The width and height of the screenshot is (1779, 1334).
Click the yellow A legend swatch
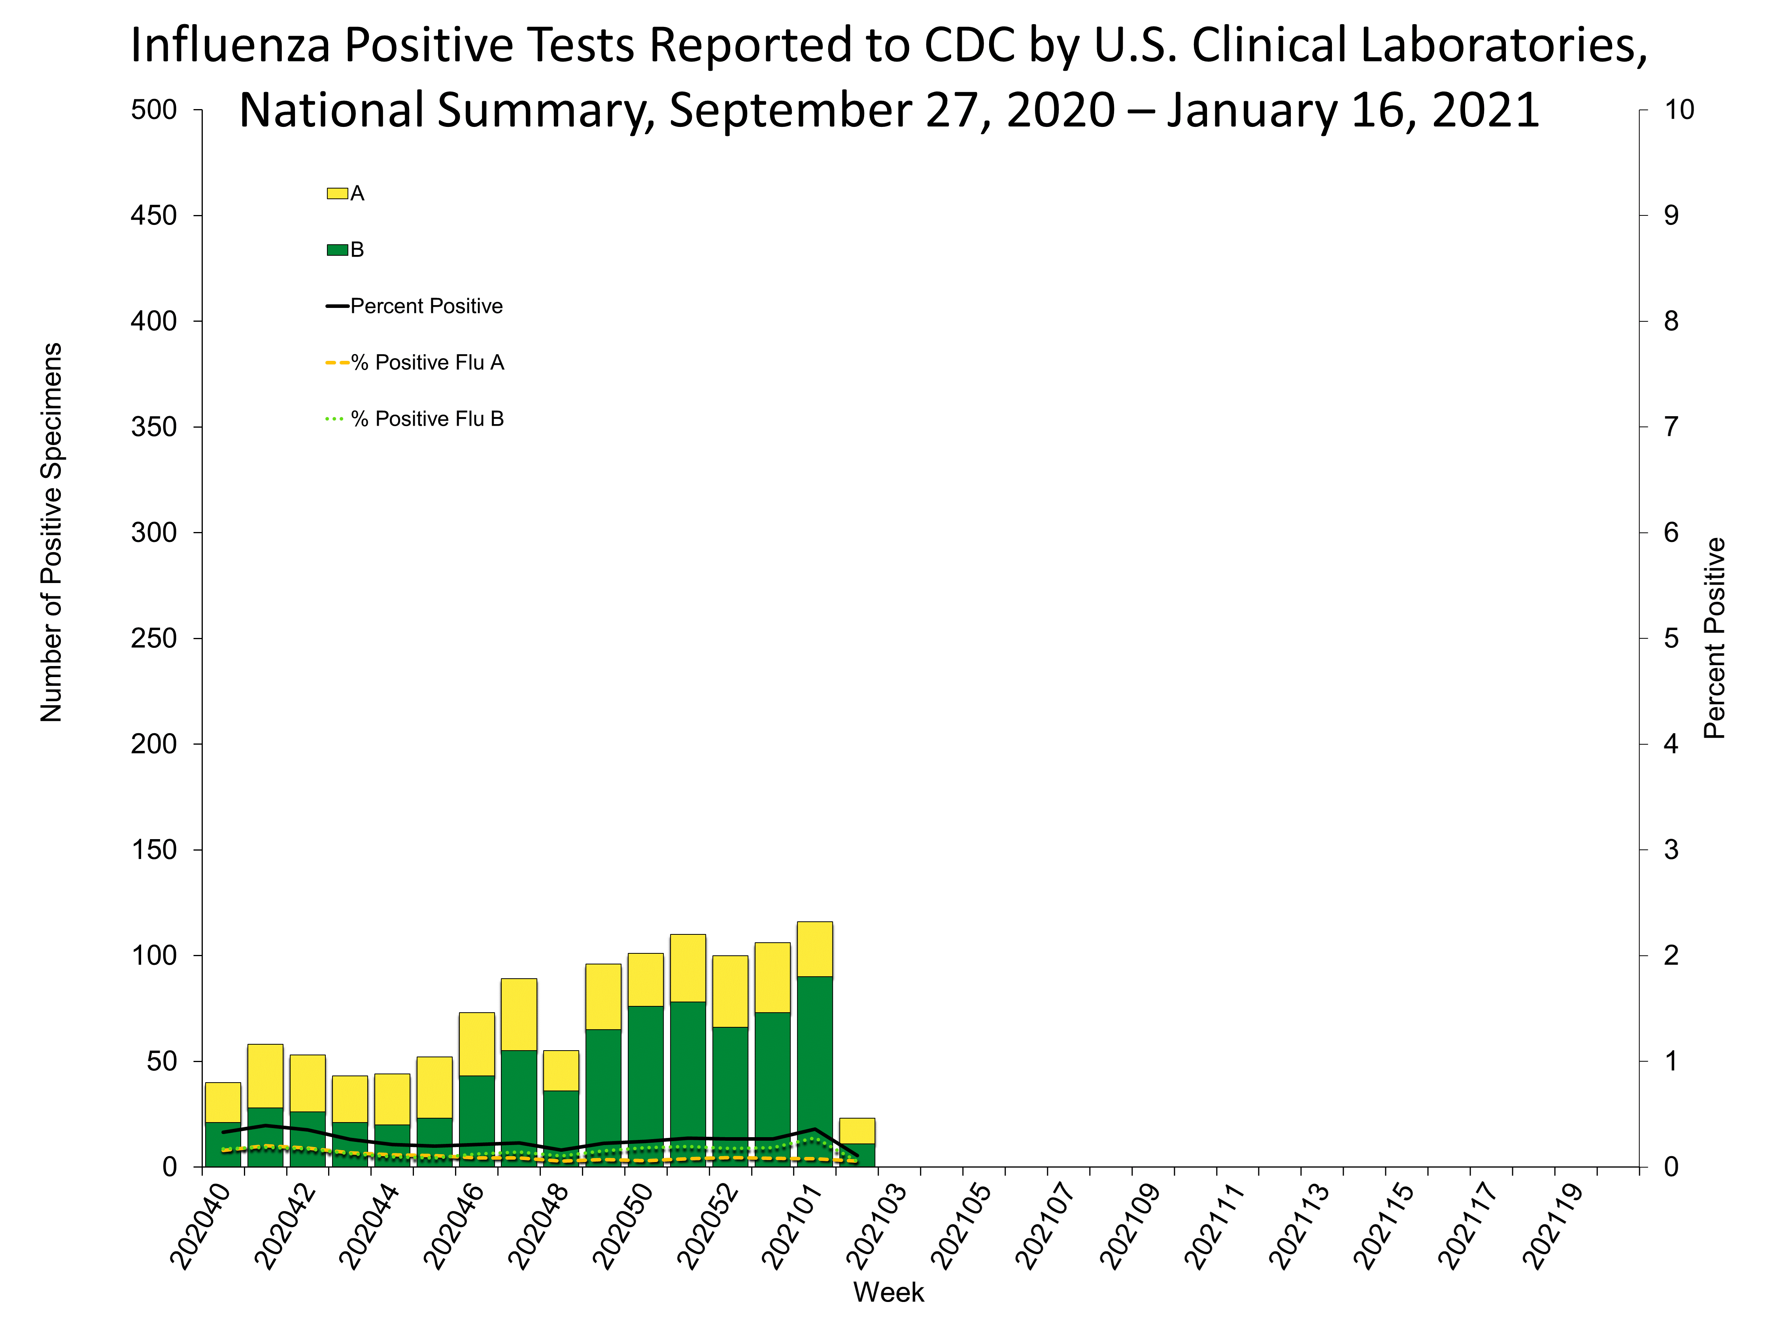point(337,193)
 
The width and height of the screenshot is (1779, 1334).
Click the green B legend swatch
point(337,250)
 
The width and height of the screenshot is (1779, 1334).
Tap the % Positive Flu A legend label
point(427,362)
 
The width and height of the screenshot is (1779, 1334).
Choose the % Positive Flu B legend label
point(427,419)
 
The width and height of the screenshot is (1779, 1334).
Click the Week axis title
point(888,1292)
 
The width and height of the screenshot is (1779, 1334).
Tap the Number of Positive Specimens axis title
point(51,532)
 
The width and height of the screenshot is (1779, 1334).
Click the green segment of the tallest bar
point(815,1070)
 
